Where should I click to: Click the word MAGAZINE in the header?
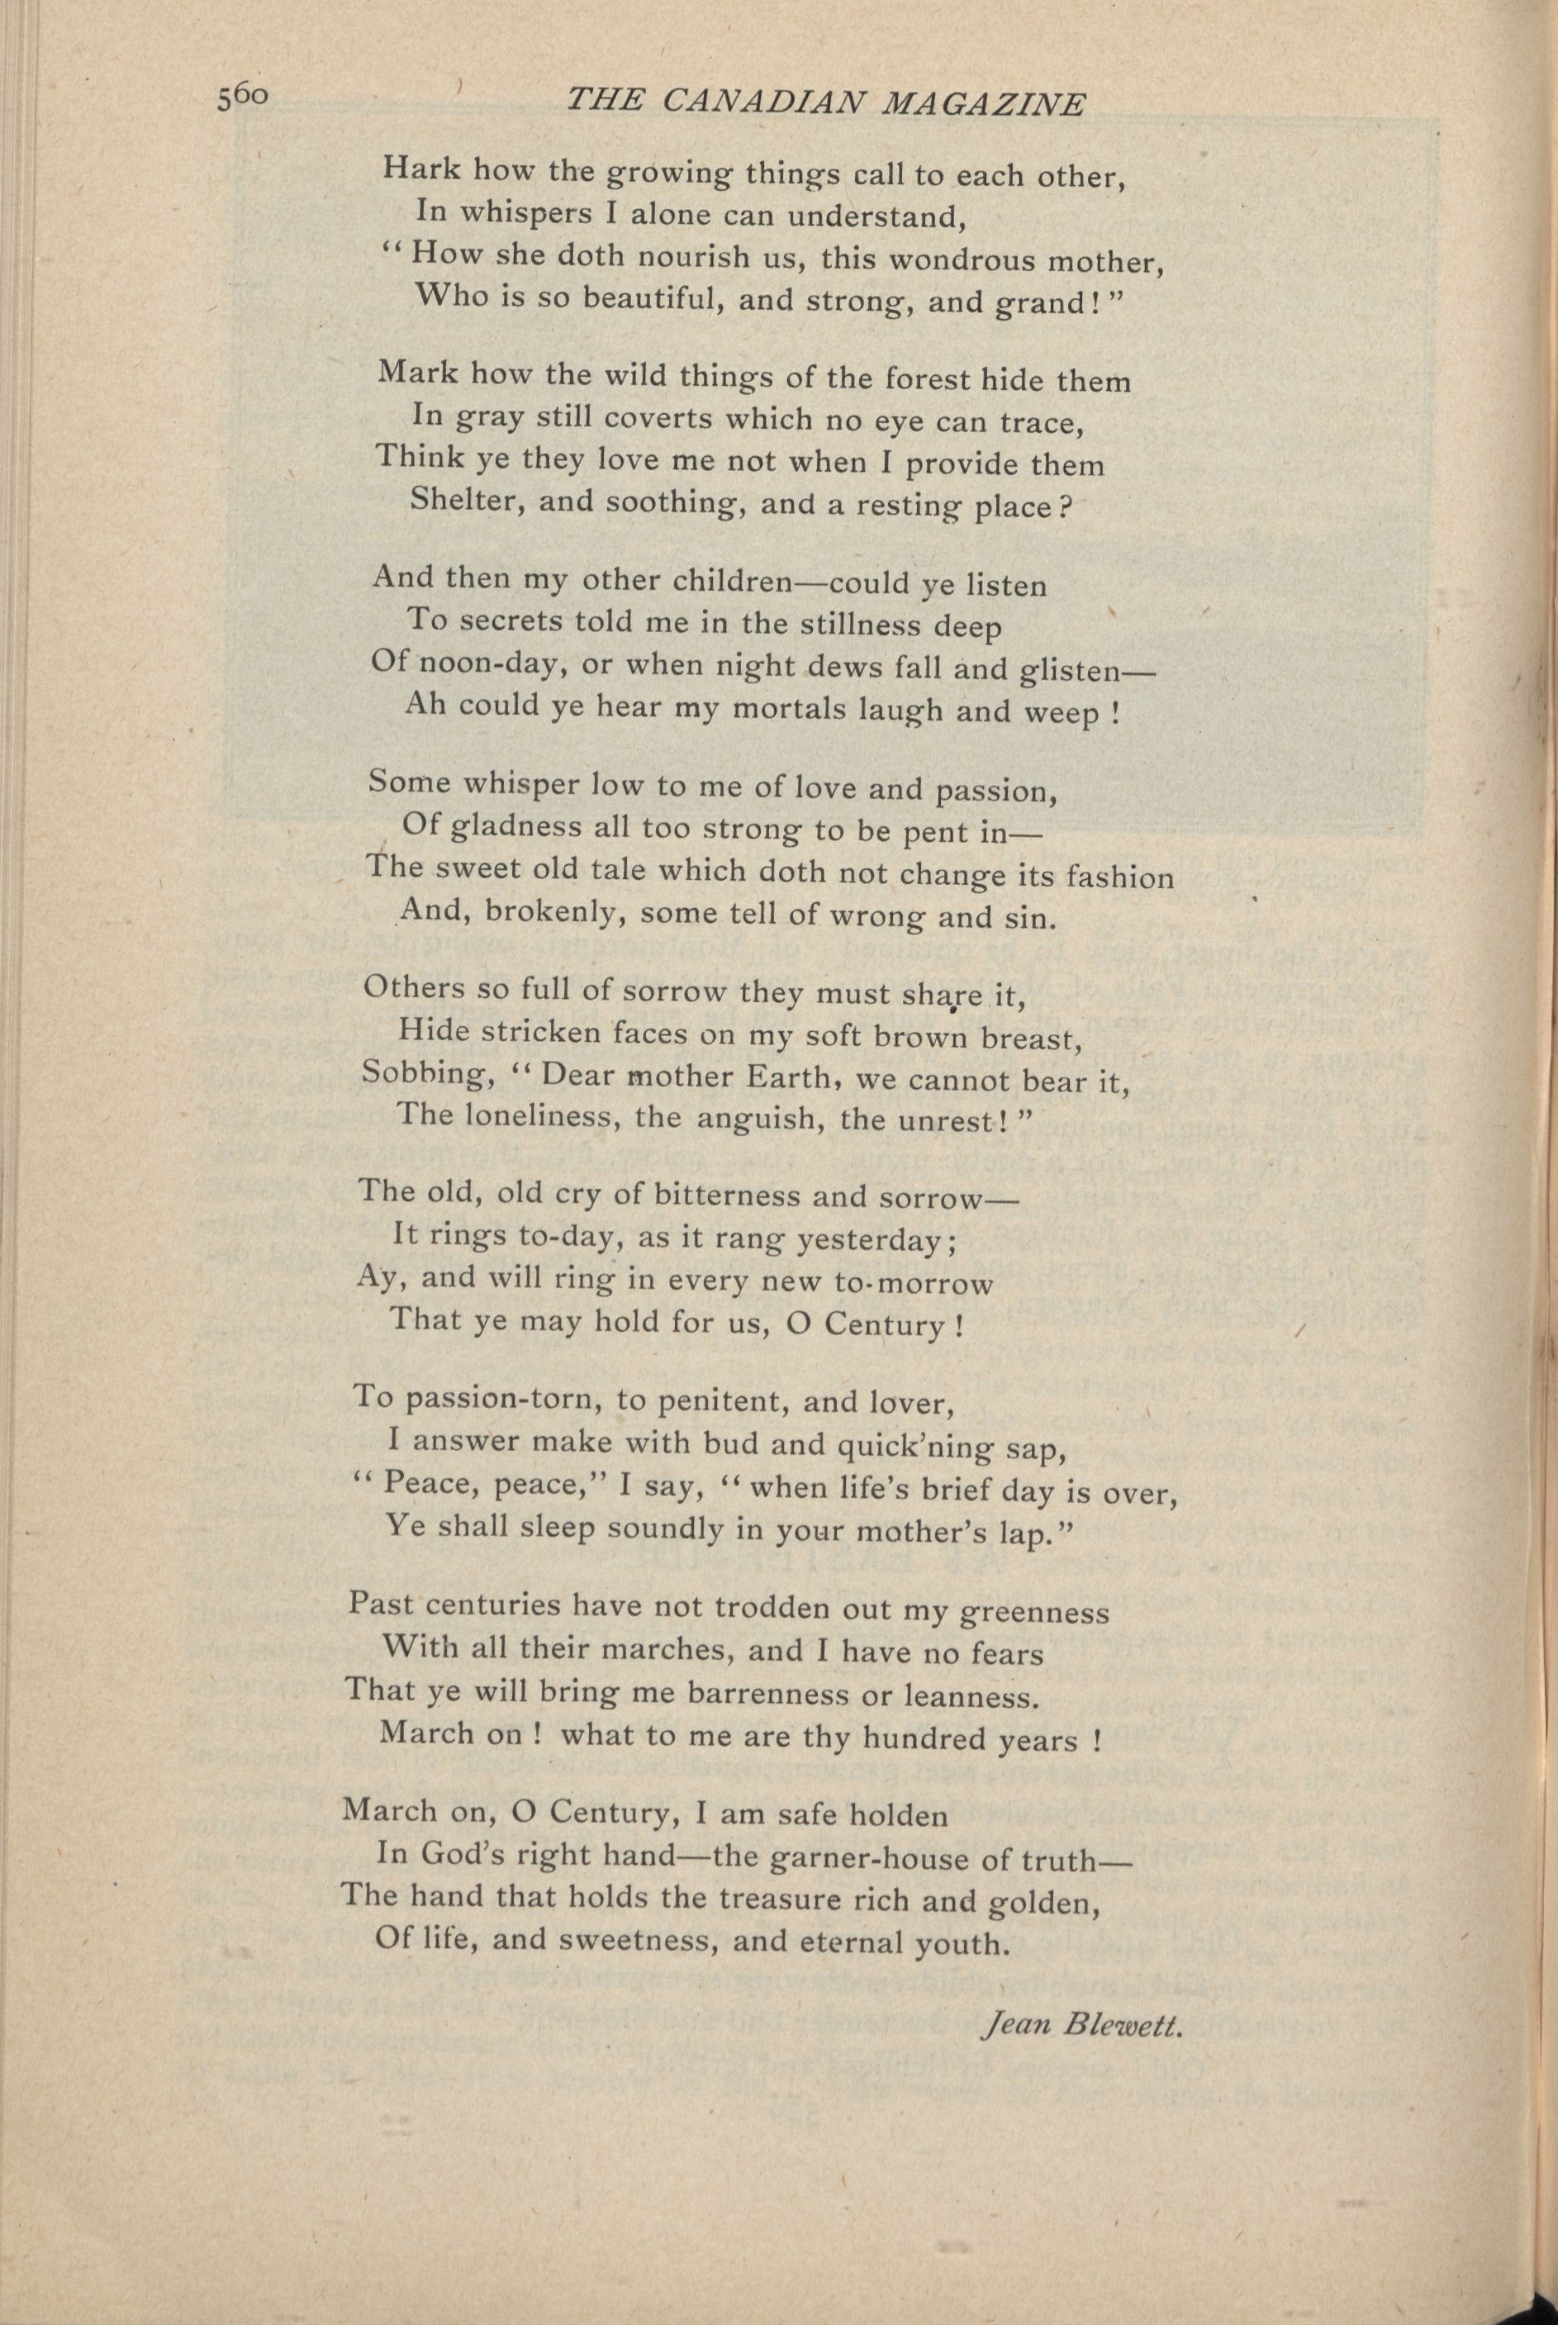pos(984,103)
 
